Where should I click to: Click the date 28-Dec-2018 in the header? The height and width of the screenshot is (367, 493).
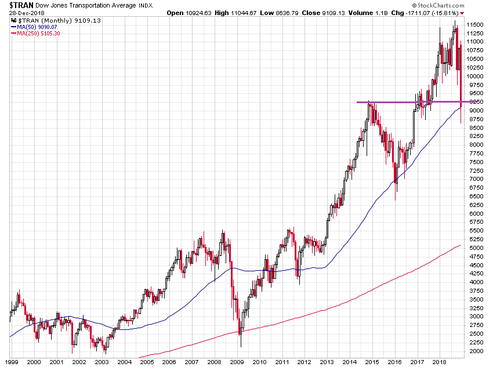coord(20,13)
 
